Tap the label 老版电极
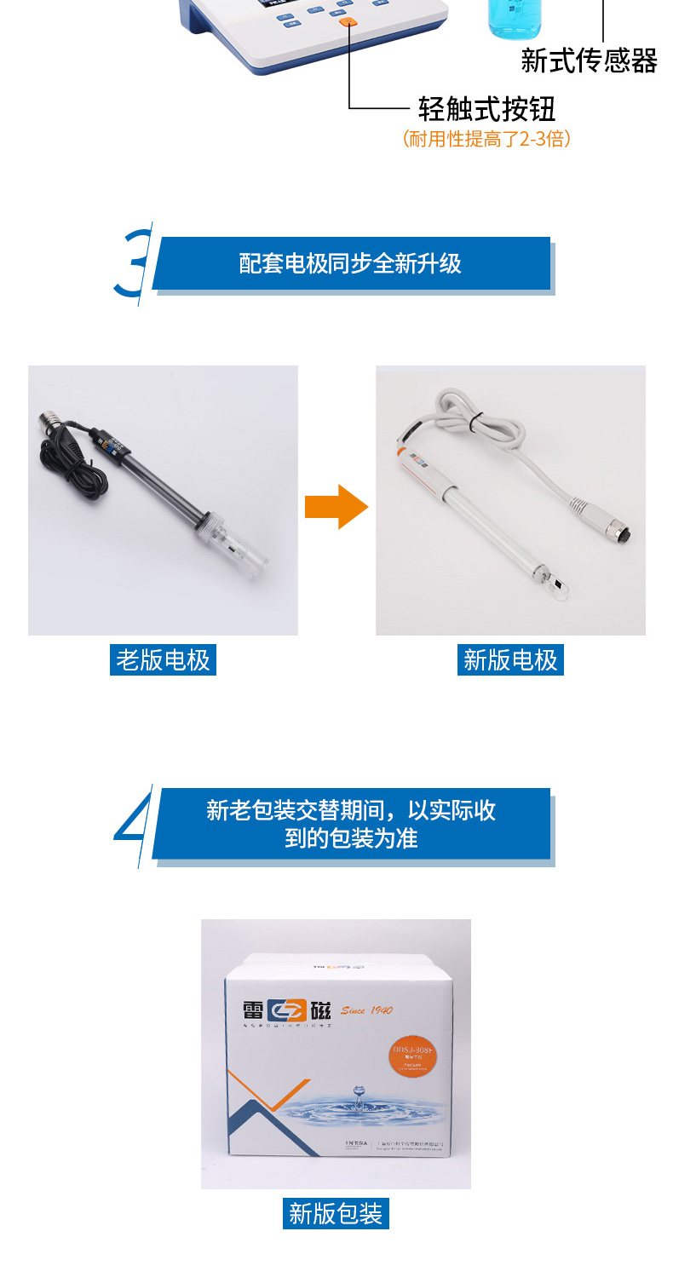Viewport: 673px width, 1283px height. click(163, 659)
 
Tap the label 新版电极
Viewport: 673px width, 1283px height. click(510, 659)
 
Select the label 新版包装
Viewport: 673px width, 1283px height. click(336, 1213)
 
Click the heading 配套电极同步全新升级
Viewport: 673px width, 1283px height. click(350, 263)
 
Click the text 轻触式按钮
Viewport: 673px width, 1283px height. click(486, 109)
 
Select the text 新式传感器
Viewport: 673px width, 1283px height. click(589, 60)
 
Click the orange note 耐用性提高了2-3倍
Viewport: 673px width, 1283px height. click(486, 139)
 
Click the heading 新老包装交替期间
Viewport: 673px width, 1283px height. click(350, 823)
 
